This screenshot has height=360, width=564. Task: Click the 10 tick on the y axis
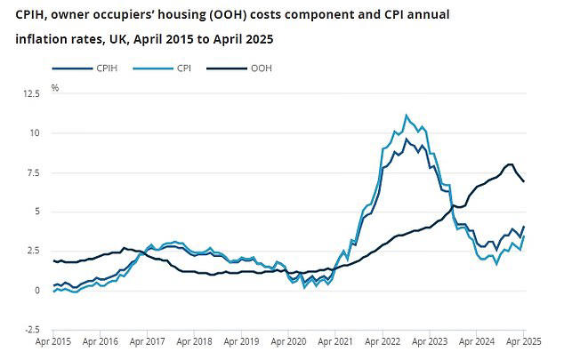34,133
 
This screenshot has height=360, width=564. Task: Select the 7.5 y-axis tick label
32,172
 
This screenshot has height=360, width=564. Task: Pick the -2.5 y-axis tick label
30,330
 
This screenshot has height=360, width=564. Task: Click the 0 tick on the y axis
36,291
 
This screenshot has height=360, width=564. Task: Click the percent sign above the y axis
55,88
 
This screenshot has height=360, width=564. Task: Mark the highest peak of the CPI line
407,115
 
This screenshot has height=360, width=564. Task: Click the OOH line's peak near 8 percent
509,164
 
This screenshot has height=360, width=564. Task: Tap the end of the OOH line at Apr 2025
524,181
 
